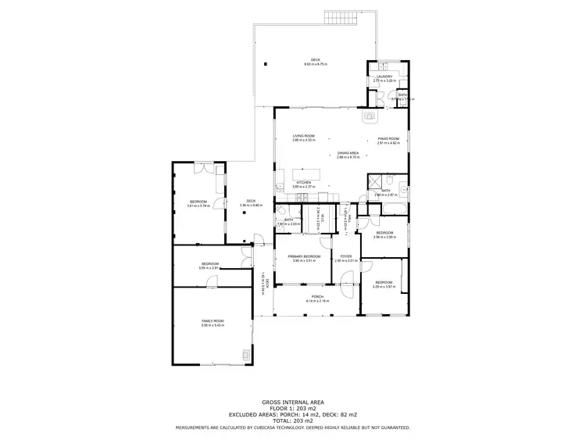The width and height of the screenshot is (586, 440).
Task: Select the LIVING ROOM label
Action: tap(303, 136)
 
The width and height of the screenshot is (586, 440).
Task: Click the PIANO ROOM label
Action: tap(388, 139)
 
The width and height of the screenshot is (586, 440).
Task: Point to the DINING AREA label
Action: tap(348, 153)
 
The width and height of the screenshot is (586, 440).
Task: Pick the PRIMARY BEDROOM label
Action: tap(303, 256)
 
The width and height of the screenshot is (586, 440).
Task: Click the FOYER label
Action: tap(345, 256)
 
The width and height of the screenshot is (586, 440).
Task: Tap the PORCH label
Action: tap(317, 296)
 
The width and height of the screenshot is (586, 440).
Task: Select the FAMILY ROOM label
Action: tap(212, 321)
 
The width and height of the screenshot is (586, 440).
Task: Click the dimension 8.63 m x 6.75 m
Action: tap(316, 65)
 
